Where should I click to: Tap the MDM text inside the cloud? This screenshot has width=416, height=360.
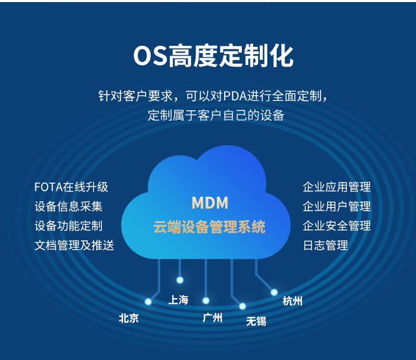pos(210,202)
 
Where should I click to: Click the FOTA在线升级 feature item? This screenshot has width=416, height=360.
pos(71,187)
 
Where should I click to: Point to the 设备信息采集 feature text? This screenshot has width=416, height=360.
pos(68,207)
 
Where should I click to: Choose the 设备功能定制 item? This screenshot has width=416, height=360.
pos(68,226)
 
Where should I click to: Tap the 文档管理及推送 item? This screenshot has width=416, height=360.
pos(74,245)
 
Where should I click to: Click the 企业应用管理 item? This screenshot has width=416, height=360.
pos(336,187)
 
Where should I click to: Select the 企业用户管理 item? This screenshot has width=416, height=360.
pos(336,207)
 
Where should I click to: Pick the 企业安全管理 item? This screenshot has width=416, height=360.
pos(336,226)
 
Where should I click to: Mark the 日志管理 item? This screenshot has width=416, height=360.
pos(325,245)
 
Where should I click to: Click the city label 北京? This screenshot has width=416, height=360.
pos(129,318)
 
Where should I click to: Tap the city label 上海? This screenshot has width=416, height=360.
pos(178,300)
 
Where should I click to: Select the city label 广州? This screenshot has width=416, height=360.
pos(212,317)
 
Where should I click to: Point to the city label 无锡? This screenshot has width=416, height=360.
pos(256,321)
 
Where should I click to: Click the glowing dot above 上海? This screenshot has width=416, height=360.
pos(180,280)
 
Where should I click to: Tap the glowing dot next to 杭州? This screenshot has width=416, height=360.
pos(274,292)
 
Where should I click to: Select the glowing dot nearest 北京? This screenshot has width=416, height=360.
pos(148,302)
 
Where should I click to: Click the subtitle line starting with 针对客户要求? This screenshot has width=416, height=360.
pos(213,96)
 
